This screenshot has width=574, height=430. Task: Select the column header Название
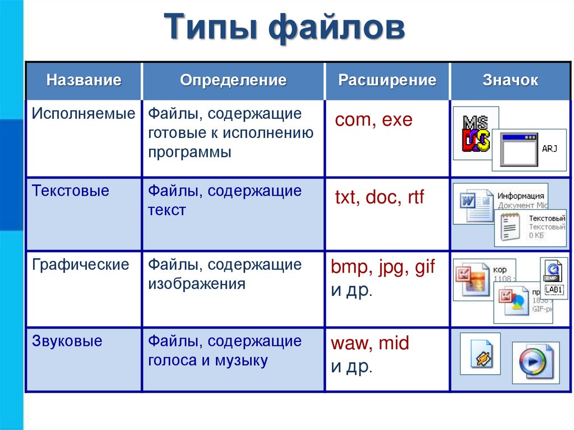[x=84, y=80]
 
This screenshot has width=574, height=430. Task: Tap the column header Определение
[x=233, y=80]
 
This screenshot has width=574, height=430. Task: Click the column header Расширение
[x=387, y=80]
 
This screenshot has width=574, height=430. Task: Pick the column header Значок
[x=510, y=80]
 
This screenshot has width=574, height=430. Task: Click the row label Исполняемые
[x=84, y=114]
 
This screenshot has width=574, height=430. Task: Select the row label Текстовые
[x=71, y=191]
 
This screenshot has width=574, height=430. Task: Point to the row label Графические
[x=81, y=265]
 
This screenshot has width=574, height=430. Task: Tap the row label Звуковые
[x=67, y=341]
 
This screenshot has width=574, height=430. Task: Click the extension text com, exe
[x=373, y=120]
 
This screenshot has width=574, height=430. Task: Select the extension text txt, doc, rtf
[x=379, y=197]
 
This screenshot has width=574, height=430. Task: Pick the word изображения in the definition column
[x=197, y=284]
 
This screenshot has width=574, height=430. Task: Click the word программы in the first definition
[x=189, y=152]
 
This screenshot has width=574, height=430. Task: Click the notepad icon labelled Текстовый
[x=509, y=227]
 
